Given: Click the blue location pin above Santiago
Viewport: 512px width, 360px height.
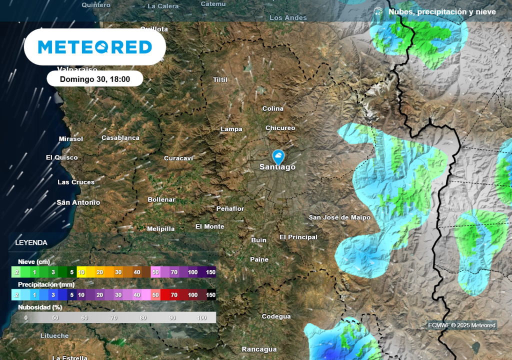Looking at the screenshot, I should [278, 156].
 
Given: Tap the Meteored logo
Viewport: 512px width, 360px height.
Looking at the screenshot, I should [95, 47].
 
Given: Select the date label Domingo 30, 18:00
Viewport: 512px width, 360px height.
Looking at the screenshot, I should [95, 79].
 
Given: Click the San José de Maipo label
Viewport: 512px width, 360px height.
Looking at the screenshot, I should [339, 217].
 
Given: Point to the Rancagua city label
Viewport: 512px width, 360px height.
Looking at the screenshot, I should [259, 349].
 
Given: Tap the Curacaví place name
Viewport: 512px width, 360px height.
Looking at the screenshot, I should [178, 158].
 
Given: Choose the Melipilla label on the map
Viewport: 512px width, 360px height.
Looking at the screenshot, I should [161, 229].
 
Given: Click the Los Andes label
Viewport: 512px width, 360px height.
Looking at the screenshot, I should [288, 18].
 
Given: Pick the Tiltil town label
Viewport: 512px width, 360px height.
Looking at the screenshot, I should [220, 80].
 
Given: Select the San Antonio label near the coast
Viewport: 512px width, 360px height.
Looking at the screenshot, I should [78, 202].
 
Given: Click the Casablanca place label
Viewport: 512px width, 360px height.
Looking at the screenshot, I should [120, 137].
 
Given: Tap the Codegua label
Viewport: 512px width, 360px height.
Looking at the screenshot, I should [276, 316].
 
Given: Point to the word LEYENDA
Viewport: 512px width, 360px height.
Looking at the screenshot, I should [31, 243].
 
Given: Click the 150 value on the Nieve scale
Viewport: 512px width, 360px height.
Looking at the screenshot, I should [210, 271].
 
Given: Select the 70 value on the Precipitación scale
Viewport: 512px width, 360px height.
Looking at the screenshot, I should [173, 295].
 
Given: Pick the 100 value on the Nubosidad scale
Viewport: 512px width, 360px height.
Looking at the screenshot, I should [202, 317].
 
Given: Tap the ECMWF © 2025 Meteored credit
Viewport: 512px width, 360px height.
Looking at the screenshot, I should [461, 325].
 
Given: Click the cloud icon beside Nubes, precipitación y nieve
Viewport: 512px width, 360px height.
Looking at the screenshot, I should [378, 11].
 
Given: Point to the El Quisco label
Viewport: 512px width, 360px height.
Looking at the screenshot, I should [62, 157].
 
